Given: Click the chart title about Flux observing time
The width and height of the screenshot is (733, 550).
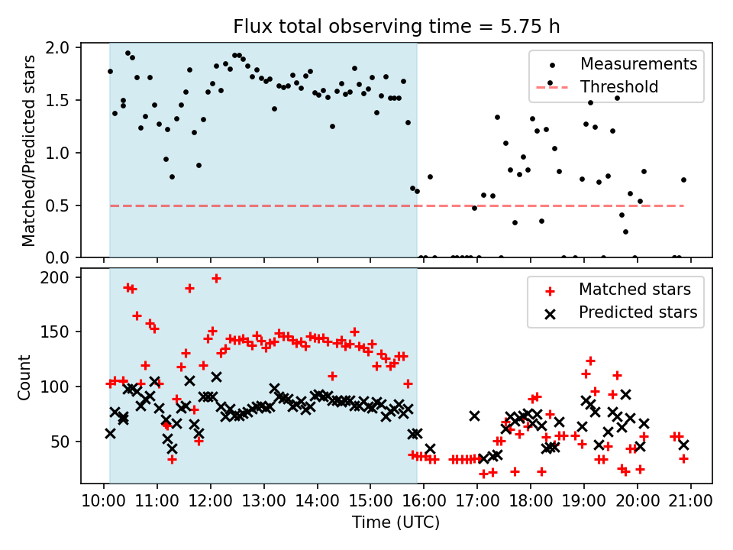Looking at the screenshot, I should [x=396, y=27].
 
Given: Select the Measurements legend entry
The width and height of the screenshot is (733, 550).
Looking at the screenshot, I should [x=638, y=64].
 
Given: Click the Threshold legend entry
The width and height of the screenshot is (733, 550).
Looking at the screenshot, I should [x=619, y=86].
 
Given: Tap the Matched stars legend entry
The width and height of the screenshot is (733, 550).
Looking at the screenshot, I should [x=635, y=290].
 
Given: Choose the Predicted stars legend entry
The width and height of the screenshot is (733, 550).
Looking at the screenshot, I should [x=638, y=312].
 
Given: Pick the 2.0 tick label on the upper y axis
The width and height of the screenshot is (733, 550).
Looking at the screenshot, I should [x=64, y=48].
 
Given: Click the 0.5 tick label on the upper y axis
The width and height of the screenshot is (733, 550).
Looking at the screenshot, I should [x=64, y=205].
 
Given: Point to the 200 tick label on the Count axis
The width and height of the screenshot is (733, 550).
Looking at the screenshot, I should [x=60, y=277].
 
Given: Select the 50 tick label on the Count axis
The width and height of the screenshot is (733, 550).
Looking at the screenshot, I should [x=64, y=442].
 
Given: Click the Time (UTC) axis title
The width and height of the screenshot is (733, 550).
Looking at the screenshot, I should [x=396, y=523].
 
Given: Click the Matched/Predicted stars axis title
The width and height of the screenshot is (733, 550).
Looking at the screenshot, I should [x=30, y=150].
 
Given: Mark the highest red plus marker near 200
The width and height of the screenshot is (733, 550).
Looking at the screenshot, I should [x=216, y=279].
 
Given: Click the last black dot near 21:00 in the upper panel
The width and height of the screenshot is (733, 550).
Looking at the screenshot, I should [x=683, y=180].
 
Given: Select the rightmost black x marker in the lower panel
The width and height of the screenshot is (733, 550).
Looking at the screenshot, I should [x=683, y=445].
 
